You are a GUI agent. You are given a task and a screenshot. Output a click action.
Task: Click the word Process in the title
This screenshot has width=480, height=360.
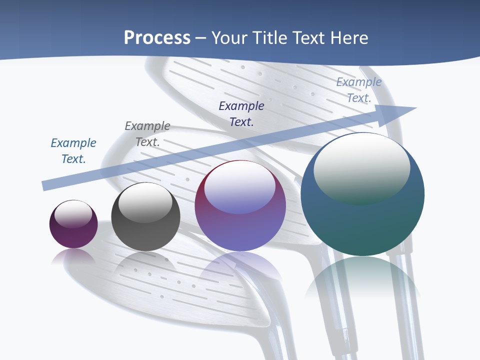tap(157, 38)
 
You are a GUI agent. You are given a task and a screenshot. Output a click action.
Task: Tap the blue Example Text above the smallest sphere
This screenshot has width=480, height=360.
tap(73, 151)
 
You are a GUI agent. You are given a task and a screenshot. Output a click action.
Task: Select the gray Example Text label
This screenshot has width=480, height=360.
tap(147, 134)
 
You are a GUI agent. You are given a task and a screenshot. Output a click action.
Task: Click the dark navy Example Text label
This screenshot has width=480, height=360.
tap(241, 113)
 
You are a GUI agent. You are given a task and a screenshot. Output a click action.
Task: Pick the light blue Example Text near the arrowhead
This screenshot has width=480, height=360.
tap(359, 90)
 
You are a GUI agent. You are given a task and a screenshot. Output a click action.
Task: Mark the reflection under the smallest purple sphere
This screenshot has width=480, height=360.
tap(73, 256)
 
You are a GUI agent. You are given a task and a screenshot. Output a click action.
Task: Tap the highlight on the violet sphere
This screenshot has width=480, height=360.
tap(240, 187)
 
